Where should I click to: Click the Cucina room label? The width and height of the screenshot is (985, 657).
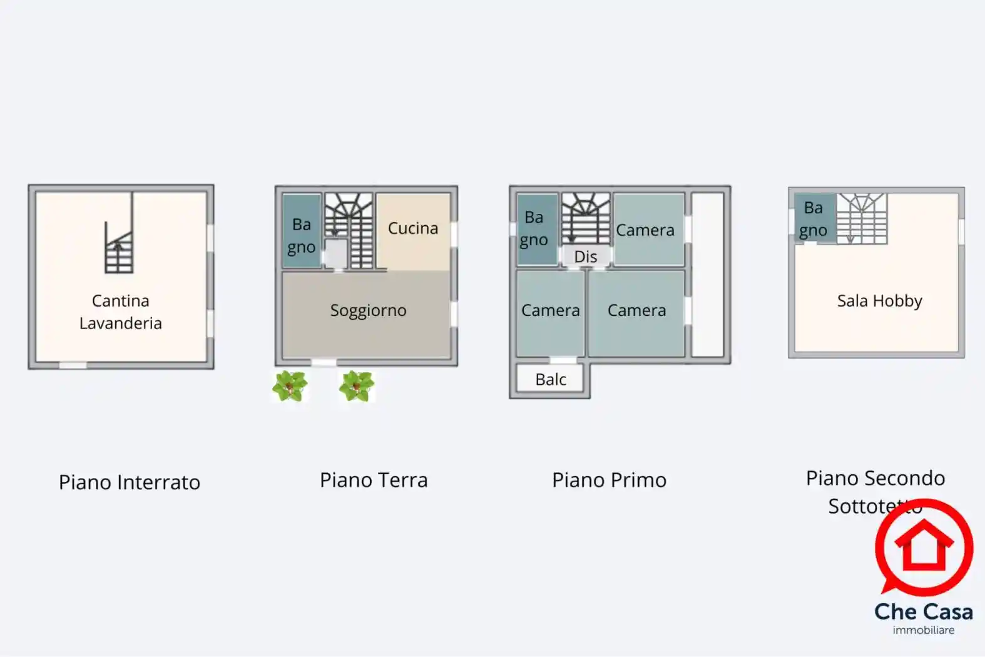click(x=413, y=228)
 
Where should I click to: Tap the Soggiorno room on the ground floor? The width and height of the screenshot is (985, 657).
click(x=368, y=310)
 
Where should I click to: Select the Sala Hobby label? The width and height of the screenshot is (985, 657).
click(x=879, y=301)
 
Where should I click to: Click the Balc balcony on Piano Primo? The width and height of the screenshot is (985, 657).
click(x=551, y=379)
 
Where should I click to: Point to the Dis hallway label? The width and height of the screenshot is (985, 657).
click(x=586, y=257)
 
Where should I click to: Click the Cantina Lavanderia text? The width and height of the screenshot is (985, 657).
click(x=121, y=312)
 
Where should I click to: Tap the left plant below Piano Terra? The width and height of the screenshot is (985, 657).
click(x=290, y=386)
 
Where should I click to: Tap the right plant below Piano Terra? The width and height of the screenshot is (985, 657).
click(x=357, y=385)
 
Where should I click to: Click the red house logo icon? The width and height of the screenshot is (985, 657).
click(x=924, y=546)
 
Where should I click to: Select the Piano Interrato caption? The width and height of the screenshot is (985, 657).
click(x=130, y=482)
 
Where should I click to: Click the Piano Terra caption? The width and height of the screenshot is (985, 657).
click(x=374, y=480)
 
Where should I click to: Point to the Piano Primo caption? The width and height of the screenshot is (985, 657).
click(x=609, y=480)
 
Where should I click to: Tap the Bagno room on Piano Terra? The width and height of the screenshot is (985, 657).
click(x=301, y=235)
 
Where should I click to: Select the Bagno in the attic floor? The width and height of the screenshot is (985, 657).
click(x=813, y=219)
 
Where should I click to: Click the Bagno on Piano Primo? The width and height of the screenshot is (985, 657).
click(x=534, y=228)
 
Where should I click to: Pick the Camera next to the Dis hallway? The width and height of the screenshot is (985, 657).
click(x=645, y=230)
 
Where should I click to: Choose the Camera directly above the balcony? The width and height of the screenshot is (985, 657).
click(x=550, y=310)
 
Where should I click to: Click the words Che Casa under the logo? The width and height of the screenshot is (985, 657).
click(x=923, y=611)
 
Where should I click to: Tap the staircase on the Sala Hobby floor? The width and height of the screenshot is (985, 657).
click(x=862, y=218)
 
